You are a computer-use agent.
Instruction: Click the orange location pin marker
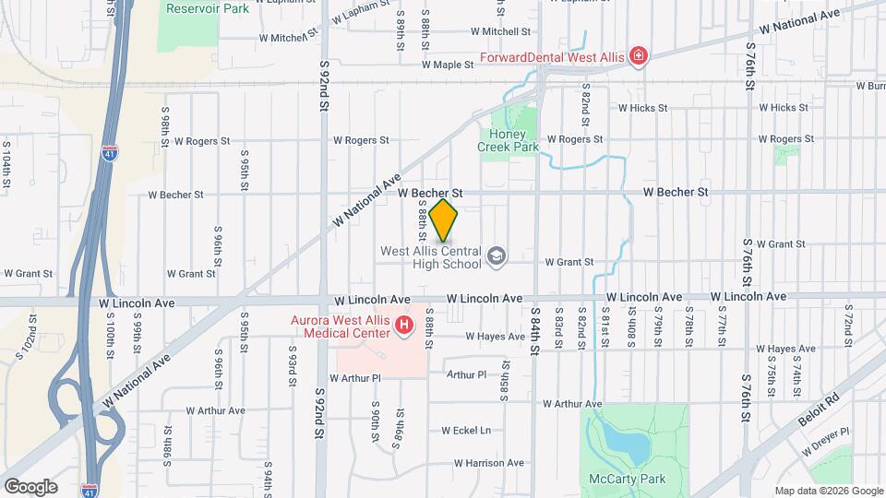pos(444,220)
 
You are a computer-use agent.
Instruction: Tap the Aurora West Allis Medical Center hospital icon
pos(403,325)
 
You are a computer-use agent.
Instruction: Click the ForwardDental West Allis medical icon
pos(638,57)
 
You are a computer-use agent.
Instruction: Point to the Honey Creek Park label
pos(508,140)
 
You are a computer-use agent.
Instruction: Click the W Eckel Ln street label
pos(466,431)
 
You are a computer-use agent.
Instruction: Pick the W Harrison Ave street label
pos(488,463)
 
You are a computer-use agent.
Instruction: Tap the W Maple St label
pos(448,65)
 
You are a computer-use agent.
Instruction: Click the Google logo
pos(30,487)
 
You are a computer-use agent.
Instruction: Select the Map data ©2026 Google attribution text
pos(828,491)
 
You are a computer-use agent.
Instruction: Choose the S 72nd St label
pos(847,324)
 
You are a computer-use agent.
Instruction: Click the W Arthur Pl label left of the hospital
pos(354,378)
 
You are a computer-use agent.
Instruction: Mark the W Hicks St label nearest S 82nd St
pos(642,108)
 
